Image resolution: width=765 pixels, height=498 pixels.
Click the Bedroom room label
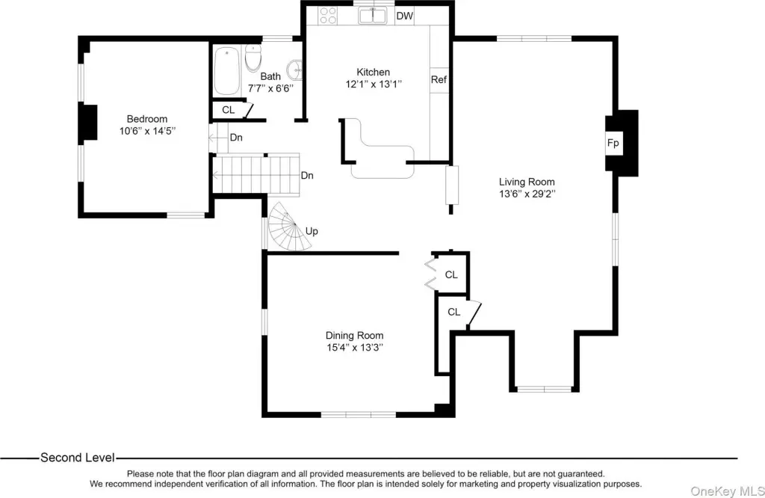[x=147, y=119]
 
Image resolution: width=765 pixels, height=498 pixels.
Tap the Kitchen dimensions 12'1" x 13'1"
[x=374, y=84]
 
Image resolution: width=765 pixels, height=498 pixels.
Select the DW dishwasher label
[x=404, y=16]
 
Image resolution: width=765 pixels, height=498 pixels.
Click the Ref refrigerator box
[x=439, y=79]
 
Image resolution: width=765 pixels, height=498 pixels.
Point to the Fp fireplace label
[x=613, y=143]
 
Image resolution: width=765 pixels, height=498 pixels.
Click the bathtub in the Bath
[x=227, y=71]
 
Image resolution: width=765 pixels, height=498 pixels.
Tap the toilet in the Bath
[x=253, y=58]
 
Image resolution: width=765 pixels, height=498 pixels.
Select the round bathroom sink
[x=295, y=70]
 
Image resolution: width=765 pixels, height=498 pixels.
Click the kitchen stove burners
[x=327, y=15]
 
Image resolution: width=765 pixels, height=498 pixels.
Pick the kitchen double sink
[x=372, y=15]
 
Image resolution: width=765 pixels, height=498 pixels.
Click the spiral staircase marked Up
[x=289, y=227]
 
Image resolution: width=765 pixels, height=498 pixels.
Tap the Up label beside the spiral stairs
[x=312, y=231]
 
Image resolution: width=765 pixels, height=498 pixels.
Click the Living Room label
[x=527, y=182]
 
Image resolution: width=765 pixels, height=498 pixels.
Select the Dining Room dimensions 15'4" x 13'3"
[x=355, y=348]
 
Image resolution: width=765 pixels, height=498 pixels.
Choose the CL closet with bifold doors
[x=449, y=274]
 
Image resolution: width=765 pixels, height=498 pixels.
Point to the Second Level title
[x=78, y=458]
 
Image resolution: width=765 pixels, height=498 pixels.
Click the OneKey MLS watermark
[x=727, y=491]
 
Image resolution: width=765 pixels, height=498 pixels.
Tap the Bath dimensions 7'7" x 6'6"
[x=270, y=88]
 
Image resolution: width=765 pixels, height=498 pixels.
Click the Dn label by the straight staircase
[x=307, y=175]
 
